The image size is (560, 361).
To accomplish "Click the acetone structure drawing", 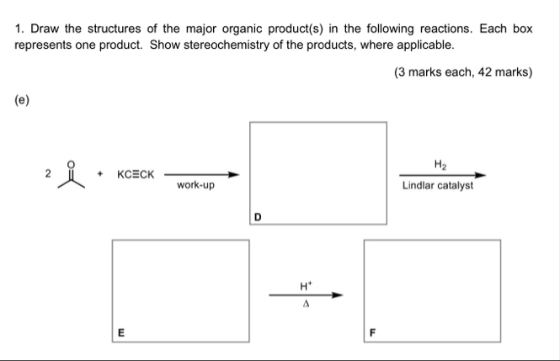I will click(x=73, y=175).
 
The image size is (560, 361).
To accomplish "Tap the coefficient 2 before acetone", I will click(x=49, y=173).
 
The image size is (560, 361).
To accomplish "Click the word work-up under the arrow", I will click(x=195, y=186).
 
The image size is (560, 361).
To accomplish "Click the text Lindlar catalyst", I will click(x=438, y=186).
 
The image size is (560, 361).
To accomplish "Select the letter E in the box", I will click(x=121, y=332).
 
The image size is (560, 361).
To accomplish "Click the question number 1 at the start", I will click(x=19, y=29).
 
